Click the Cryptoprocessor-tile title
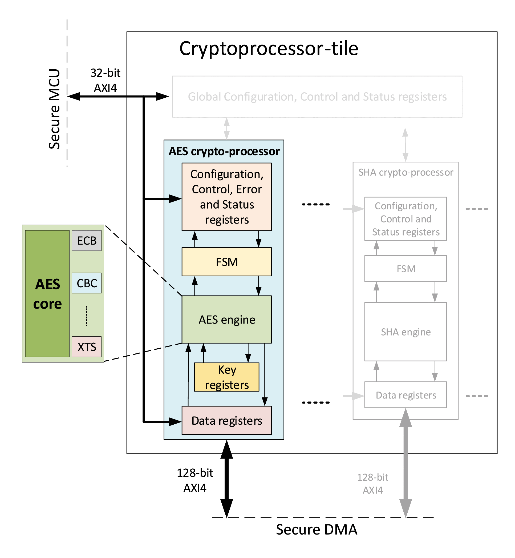click(x=269, y=49)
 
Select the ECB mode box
click(x=87, y=241)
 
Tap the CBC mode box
click(x=87, y=283)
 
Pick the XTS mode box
click(x=87, y=347)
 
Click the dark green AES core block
click(x=47, y=293)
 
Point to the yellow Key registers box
click(x=226, y=377)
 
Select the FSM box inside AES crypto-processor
click(x=226, y=262)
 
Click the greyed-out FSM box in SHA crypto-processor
click(x=406, y=269)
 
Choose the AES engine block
click(x=226, y=320)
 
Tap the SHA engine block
click(x=406, y=332)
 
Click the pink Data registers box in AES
click(x=226, y=420)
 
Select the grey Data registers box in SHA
click(x=406, y=395)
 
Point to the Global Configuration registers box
click(x=317, y=97)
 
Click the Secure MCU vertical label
click(x=54, y=109)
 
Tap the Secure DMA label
click(x=317, y=529)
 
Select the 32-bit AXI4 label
click(x=105, y=80)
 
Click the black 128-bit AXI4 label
click(x=195, y=480)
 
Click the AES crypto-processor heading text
click(x=224, y=152)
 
